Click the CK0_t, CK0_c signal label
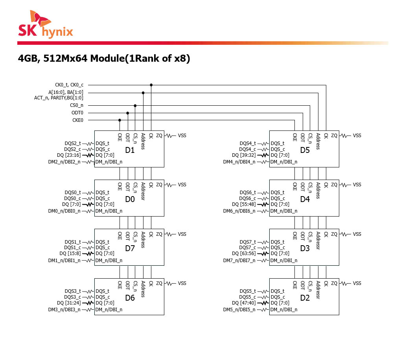(69, 85)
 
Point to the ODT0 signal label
(77, 113)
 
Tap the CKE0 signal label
(77, 120)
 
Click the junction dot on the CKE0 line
(120, 120)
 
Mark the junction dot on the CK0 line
(151, 85)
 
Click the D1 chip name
(130, 150)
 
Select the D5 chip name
(305, 150)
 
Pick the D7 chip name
(130, 248)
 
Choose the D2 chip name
(305, 298)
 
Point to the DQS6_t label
(248, 193)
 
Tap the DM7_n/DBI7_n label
(239, 261)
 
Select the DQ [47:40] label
(244, 303)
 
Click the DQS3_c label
(73, 297)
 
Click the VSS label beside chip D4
(357, 185)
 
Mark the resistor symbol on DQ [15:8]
(88, 254)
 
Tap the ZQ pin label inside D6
(159, 283)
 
